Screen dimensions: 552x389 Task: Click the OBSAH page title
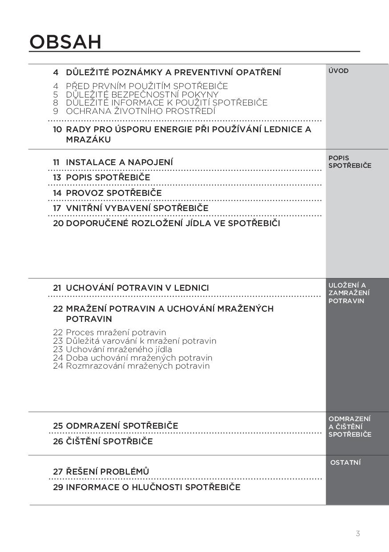[x=65, y=42]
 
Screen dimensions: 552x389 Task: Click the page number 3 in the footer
[x=358, y=533]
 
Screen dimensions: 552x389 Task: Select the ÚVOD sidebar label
[x=338, y=71]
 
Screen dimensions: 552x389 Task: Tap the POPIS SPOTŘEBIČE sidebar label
[x=349, y=162]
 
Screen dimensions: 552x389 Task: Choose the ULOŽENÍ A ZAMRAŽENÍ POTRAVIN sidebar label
[x=349, y=293]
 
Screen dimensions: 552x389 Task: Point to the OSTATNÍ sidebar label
[x=345, y=463]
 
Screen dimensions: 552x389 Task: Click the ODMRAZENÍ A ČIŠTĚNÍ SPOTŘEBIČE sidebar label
[x=349, y=426]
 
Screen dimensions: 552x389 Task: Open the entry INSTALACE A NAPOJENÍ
[x=119, y=162]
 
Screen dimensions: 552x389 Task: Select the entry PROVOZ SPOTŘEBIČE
[x=113, y=193]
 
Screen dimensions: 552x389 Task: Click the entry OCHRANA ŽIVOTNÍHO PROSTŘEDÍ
[x=140, y=111]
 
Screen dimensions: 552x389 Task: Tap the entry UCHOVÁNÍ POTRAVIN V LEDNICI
[x=137, y=288]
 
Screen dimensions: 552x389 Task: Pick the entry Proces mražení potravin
[x=116, y=333]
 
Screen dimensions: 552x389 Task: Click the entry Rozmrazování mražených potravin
[x=138, y=366]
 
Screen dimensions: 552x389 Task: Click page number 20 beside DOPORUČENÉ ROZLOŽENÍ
[x=58, y=223]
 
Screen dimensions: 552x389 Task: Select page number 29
[x=58, y=487]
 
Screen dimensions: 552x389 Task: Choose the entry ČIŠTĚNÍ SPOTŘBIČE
[x=109, y=442]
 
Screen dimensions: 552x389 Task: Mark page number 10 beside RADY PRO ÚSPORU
[x=57, y=130]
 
